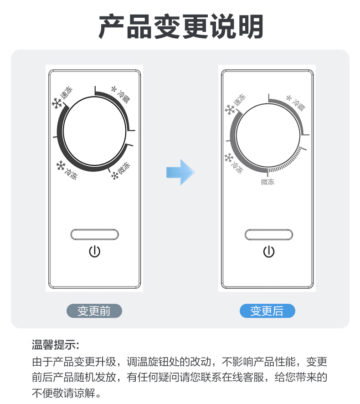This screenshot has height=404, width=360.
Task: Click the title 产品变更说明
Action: pyautogui.click(x=181, y=26)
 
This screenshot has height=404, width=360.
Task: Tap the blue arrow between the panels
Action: pyautogui.click(x=180, y=172)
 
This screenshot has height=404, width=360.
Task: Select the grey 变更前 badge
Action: pyautogui.click(x=94, y=311)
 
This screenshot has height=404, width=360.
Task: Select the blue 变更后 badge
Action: pyautogui.click(x=267, y=311)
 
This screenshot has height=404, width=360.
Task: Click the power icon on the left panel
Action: pyautogui.click(x=95, y=251)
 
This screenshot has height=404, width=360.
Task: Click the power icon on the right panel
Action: pyautogui.click(x=269, y=252)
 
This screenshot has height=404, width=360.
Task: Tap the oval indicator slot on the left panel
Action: pyautogui.click(x=95, y=235)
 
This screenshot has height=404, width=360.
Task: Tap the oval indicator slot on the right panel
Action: pyautogui.click(x=269, y=235)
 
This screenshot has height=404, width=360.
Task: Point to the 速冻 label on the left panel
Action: pyautogui.click(x=67, y=93)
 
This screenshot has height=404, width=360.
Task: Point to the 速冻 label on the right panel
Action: pyautogui.click(x=239, y=100)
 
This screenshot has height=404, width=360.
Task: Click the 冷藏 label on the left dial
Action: pyautogui.click(x=123, y=97)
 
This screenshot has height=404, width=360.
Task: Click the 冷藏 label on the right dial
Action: pyautogui.click(x=298, y=104)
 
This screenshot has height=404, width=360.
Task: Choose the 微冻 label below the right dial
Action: pyautogui.click(x=267, y=182)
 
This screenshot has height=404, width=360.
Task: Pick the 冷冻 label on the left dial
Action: pyautogui.click(x=71, y=174)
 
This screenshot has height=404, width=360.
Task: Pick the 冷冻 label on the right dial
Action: pyautogui.click(x=237, y=167)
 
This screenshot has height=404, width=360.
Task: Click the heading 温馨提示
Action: pyautogui.click(x=56, y=345)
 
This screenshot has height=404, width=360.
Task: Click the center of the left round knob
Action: pyautogui.click(x=94, y=131)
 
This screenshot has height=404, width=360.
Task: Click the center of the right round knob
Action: pyautogui.click(x=268, y=136)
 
